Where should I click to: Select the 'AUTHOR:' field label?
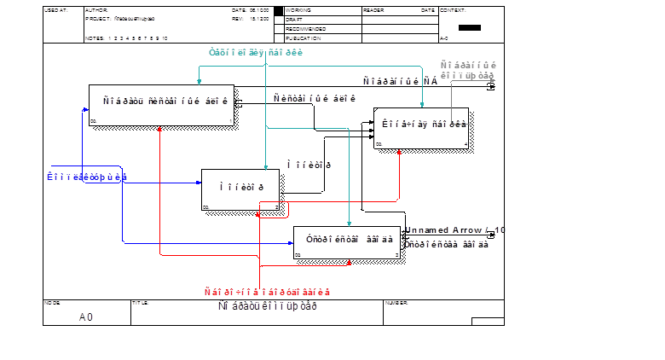click(x=96, y=10)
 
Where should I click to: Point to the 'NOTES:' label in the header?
click(x=95, y=38)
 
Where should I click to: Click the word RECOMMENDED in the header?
click(x=302, y=28)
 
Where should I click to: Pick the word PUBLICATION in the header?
click(x=302, y=38)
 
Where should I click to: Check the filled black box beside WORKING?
click(x=279, y=10)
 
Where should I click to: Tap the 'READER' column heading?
click(x=373, y=10)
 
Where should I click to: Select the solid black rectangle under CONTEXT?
click(x=470, y=27)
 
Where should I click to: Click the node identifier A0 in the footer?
click(x=85, y=317)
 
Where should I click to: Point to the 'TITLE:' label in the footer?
click(x=140, y=302)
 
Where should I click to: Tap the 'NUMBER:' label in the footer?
click(x=396, y=302)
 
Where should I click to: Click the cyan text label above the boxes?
click(x=256, y=53)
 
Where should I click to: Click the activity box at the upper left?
click(x=162, y=106)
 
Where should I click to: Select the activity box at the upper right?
click(x=421, y=129)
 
